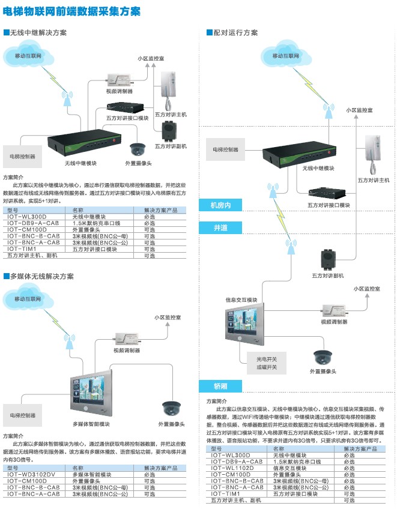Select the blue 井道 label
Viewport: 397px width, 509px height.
[220, 228]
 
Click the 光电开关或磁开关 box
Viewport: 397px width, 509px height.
[267, 363]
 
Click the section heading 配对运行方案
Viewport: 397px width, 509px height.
[235, 32]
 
